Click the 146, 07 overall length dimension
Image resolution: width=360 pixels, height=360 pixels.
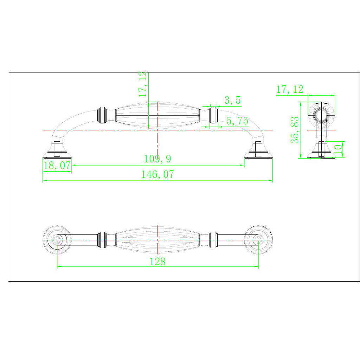(x=157, y=174)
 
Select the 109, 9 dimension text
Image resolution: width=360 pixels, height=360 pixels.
(x=157, y=159)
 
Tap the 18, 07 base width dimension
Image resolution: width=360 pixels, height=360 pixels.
(x=57, y=166)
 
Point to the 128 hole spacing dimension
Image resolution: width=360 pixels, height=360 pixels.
(x=157, y=262)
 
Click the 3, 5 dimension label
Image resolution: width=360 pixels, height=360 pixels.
(x=233, y=100)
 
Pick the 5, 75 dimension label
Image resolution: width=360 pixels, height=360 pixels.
(x=237, y=121)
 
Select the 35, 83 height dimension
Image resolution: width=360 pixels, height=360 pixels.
(x=295, y=130)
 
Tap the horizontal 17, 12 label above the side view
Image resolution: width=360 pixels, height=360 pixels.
(x=290, y=89)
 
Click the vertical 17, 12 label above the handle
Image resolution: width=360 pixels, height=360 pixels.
(x=143, y=84)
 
